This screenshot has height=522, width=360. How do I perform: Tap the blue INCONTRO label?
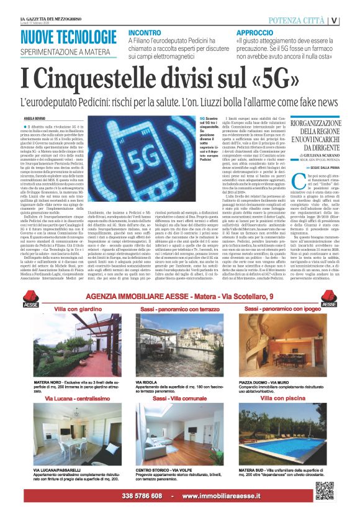tap(144, 32)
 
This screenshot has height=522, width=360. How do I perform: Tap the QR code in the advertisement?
tap(325, 490)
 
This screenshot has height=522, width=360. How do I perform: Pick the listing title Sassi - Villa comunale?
tap(179, 398)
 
